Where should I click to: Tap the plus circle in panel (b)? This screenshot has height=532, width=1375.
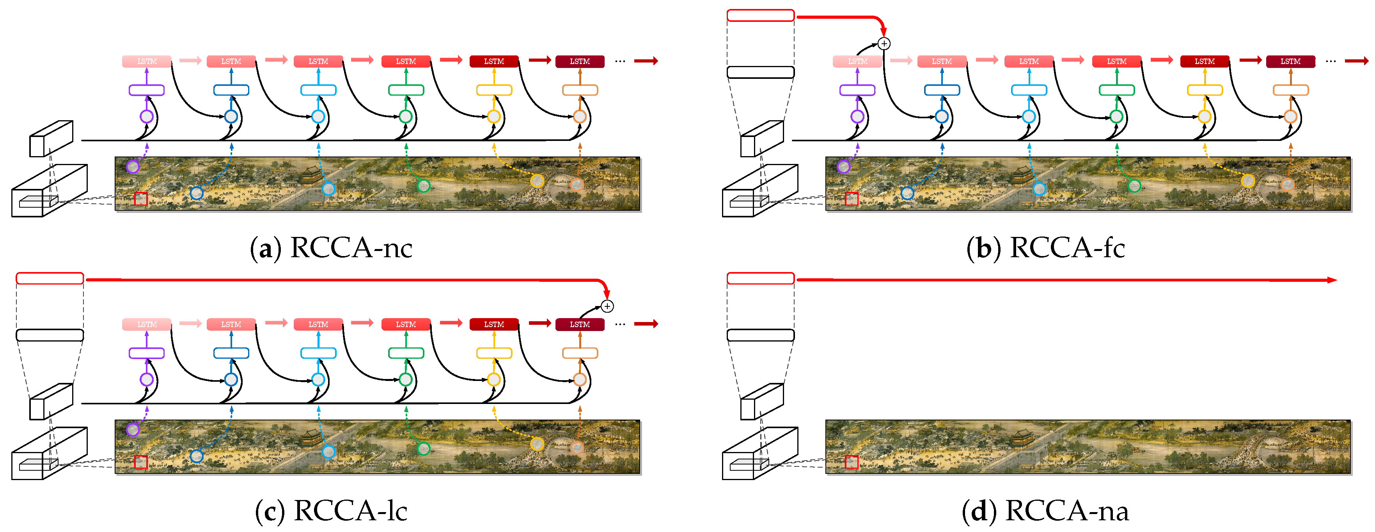(x=884, y=44)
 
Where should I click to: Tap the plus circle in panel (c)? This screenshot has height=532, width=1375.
(x=607, y=306)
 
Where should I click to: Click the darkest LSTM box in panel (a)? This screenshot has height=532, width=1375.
(x=580, y=61)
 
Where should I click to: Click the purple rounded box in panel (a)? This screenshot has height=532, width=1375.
(x=146, y=90)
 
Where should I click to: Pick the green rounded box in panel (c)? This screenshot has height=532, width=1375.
(x=406, y=353)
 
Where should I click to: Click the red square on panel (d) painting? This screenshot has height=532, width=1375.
(x=852, y=462)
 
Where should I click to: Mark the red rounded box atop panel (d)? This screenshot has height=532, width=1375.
(x=760, y=278)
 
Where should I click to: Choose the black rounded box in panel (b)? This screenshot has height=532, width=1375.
(x=760, y=73)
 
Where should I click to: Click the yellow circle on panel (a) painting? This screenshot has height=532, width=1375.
(x=537, y=181)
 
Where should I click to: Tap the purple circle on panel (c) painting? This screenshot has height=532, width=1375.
(x=132, y=429)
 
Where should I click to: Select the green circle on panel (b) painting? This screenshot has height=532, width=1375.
(x=1134, y=186)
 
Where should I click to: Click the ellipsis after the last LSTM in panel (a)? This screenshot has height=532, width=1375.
(x=620, y=61)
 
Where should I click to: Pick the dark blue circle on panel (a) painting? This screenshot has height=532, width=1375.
(x=197, y=193)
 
